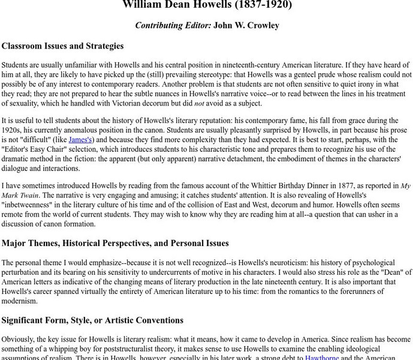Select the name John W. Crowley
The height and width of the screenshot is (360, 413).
tap(251, 25)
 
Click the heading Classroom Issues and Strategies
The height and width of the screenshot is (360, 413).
tap(63, 46)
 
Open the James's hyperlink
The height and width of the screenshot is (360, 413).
tap(80, 140)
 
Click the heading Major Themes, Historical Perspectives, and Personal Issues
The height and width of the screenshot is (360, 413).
tap(115, 244)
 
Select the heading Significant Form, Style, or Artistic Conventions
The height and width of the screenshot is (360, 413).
tap(92, 320)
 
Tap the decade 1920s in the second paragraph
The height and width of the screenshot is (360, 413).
tap(14, 130)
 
